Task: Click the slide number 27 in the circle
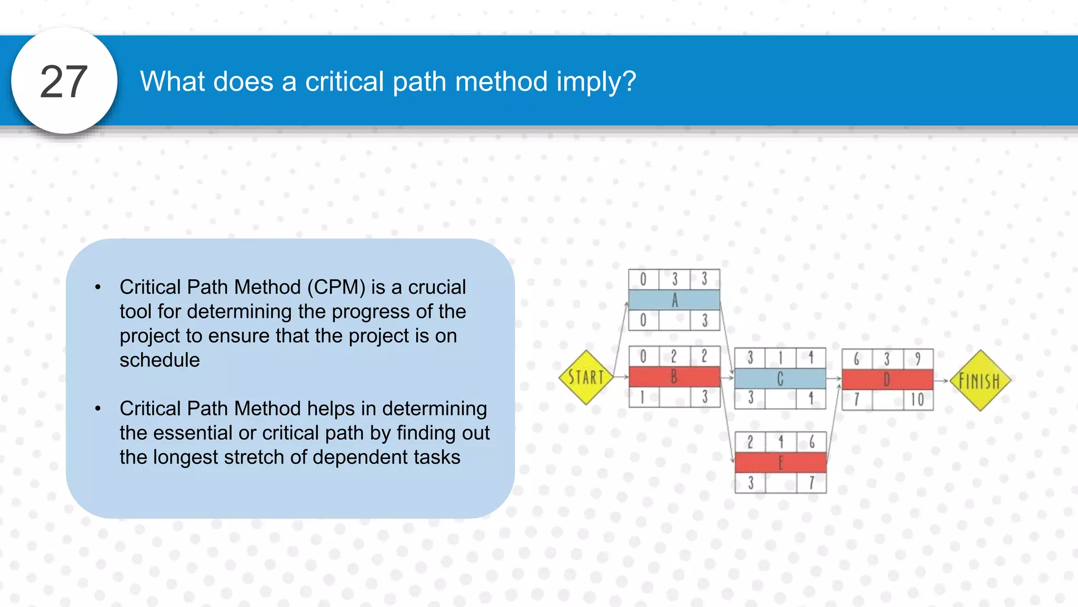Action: tap(64, 82)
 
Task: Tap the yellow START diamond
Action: tap(586, 377)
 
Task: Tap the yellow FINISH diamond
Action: tap(980, 380)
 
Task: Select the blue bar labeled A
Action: tap(674, 300)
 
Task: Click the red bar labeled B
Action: tap(674, 377)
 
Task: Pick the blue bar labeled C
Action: tap(780, 378)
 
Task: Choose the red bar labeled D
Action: tap(887, 379)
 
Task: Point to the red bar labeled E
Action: tap(781, 463)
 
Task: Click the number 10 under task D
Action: tap(917, 400)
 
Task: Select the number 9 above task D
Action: tap(917, 359)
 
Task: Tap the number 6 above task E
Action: tap(812, 442)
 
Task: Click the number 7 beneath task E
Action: tap(812, 483)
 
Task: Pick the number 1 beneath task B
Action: tap(643, 397)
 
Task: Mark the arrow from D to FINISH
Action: tap(942, 380)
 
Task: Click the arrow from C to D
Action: tap(834, 378)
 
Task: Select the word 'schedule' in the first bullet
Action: tap(159, 360)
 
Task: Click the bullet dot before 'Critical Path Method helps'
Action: tap(98, 408)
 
